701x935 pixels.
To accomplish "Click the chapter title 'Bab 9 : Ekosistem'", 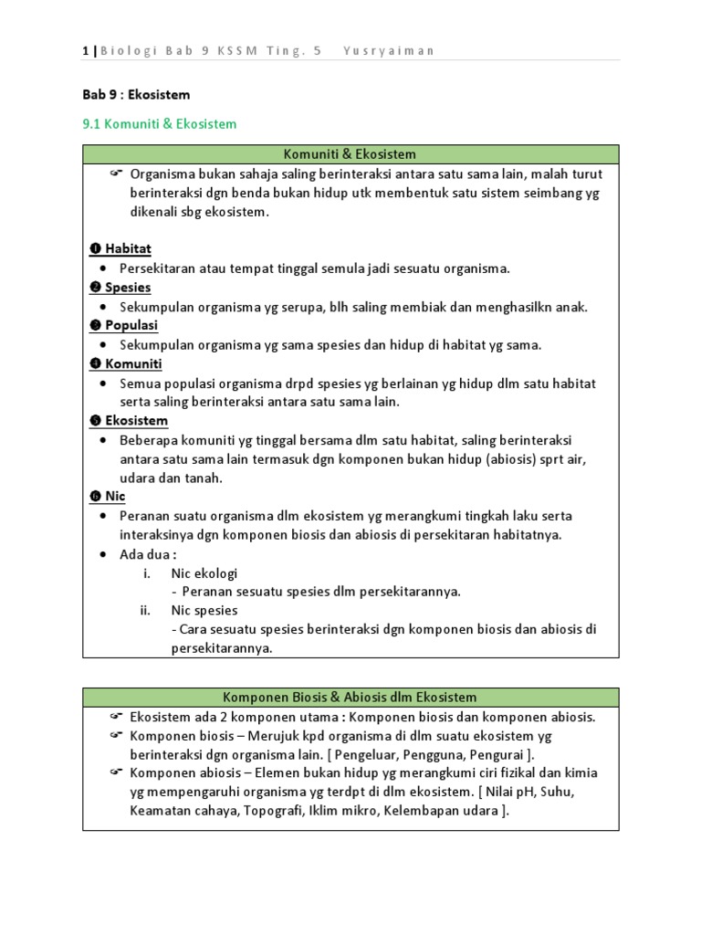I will click(x=136, y=94).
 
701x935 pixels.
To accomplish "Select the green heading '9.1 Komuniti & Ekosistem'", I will click(x=159, y=123).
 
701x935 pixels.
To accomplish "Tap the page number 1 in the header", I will click(x=85, y=50).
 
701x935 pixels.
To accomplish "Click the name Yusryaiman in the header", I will click(x=388, y=50).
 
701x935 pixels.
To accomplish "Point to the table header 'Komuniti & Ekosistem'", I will click(x=350, y=154).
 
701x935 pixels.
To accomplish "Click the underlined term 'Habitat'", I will click(x=128, y=248).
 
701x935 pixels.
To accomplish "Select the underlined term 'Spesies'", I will click(x=128, y=287).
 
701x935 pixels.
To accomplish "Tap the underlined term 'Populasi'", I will click(x=131, y=325).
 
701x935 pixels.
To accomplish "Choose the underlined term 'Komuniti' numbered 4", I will click(x=133, y=363).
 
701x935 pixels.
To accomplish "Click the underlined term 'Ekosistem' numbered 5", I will click(x=136, y=420).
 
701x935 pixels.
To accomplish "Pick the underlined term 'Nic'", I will click(x=115, y=496).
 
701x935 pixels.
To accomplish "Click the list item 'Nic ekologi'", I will click(x=204, y=573).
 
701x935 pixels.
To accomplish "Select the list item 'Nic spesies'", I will click(x=204, y=610).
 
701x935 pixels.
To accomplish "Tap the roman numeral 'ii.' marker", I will click(x=145, y=610).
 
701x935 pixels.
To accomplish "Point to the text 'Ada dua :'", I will click(x=148, y=553).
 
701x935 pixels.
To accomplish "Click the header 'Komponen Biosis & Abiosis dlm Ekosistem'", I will click(x=350, y=697).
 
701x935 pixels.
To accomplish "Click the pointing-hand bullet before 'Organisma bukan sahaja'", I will click(x=116, y=173).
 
